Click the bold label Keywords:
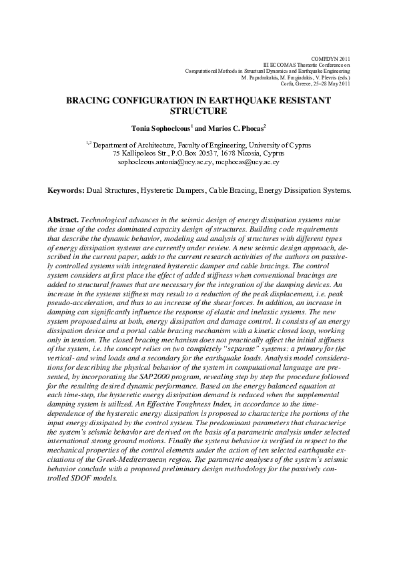tap(66, 190)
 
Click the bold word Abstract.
tap(63, 220)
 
